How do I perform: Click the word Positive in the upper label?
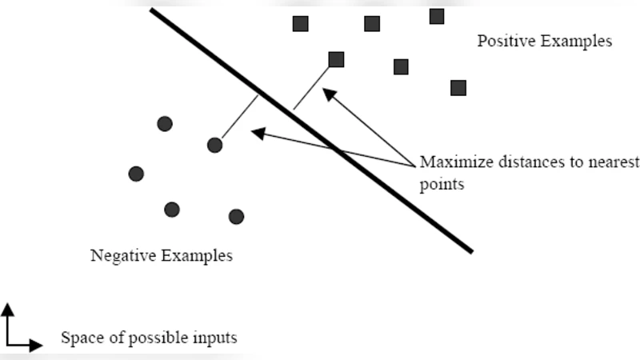[505, 41]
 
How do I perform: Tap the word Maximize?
[453, 162]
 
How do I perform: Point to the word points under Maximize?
[442, 183]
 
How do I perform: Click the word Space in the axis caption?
[81, 338]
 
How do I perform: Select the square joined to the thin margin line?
[336, 59]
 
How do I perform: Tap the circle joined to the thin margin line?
[214, 145]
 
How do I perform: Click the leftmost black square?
[301, 23]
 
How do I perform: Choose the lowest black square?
[458, 88]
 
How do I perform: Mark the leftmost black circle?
[136, 174]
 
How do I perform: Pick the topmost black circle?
[165, 123]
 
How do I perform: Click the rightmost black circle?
[236, 216]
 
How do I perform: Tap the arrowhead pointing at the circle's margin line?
[257, 133]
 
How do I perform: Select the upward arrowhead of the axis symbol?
[7, 308]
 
